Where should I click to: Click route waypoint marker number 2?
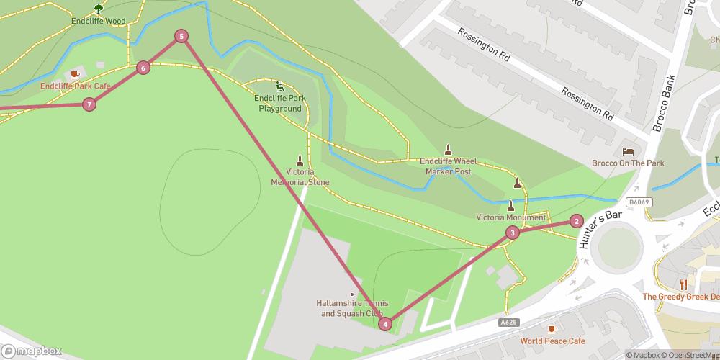coord(576,221)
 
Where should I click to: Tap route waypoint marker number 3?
coord(512,232)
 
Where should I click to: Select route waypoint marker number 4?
coord(386,324)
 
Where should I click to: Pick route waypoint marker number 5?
coord(181,36)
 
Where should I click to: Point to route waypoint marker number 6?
coord(143,68)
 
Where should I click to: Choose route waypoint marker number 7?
coord(89,105)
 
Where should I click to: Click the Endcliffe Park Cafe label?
coord(75,86)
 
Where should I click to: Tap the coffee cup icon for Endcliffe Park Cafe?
coord(74,74)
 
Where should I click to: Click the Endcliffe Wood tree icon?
coord(99,9)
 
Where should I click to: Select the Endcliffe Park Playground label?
coord(281,103)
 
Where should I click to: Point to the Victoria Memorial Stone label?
coord(300,177)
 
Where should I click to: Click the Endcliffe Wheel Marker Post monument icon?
coord(448,150)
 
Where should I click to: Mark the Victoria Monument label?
coord(510,217)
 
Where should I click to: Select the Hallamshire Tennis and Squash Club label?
coord(352,308)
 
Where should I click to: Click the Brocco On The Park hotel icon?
coord(626,151)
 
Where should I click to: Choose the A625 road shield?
coord(508,323)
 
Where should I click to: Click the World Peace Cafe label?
coord(552,341)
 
